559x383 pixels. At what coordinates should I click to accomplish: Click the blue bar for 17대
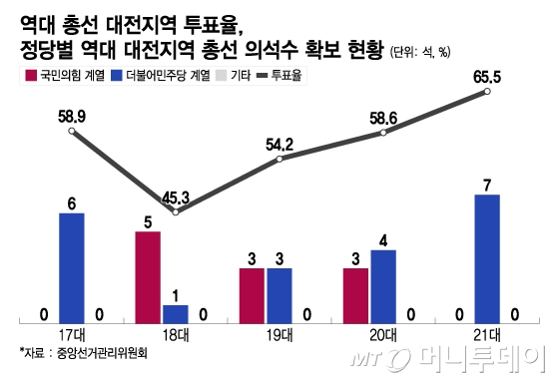coord(72,267)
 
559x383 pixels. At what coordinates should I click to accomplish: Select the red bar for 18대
coord(148,276)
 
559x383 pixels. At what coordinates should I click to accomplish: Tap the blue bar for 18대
coord(175,313)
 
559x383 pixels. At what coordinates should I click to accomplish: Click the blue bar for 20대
coord(382,285)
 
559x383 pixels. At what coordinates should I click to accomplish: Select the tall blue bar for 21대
coord(486,258)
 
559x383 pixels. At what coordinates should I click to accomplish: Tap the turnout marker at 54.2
coord(279,160)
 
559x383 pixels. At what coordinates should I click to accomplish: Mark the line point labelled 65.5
coord(487,92)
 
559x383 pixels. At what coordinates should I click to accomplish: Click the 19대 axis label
coord(279,335)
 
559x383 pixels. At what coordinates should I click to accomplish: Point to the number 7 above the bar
coord(486,185)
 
